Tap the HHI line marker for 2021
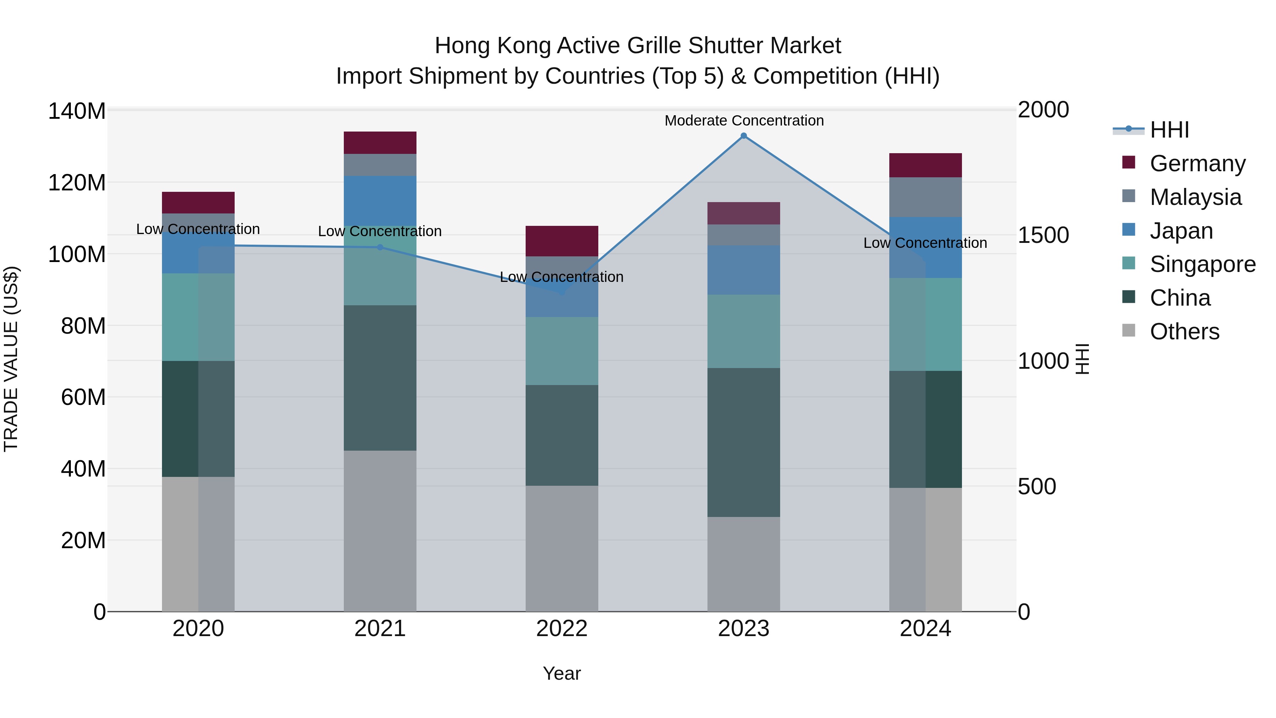(x=380, y=247)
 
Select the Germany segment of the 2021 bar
(x=380, y=143)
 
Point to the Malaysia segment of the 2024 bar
(x=925, y=197)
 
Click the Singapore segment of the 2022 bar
(x=562, y=351)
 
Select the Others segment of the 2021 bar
(x=380, y=531)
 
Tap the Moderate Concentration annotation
(x=744, y=121)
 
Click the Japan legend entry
(x=1181, y=231)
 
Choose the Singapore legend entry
(x=1202, y=264)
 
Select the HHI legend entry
(x=1169, y=130)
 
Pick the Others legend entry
(x=1184, y=332)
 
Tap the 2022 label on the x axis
(x=562, y=629)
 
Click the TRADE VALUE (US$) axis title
(x=11, y=359)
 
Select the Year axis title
(x=562, y=673)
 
